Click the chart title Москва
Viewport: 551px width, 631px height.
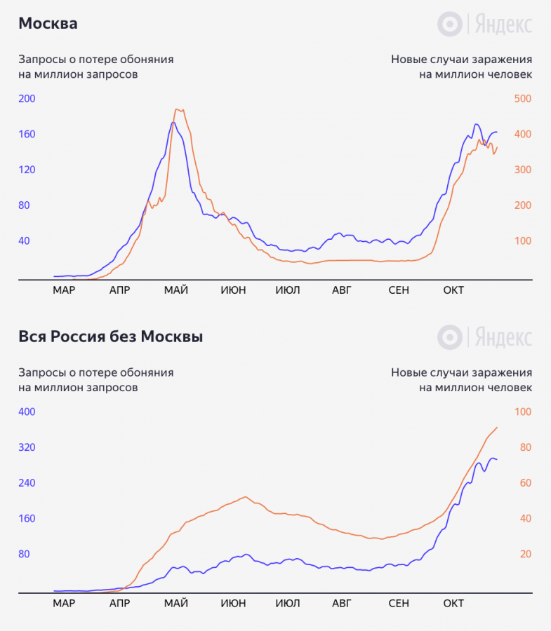(x=48, y=24)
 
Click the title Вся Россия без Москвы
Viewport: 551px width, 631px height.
(x=111, y=337)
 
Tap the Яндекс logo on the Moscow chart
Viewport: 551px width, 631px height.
(x=484, y=25)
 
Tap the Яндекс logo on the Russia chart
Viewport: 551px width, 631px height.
(x=484, y=337)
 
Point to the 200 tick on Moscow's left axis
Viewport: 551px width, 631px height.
(x=27, y=99)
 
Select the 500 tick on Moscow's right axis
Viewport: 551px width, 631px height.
(x=522, y=99)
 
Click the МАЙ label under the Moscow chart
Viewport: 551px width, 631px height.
(x=175, y=290)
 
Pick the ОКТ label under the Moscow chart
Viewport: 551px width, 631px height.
(x=453, y=290)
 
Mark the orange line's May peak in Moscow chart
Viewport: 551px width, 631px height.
(x=178, y=109)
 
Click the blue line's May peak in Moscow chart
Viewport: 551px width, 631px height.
(x=173, y=123)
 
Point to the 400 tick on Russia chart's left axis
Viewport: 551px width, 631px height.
(x=27, y=412)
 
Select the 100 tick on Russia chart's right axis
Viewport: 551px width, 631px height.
(x=522, y=412)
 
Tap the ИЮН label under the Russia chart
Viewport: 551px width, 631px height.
(x=233, y=603)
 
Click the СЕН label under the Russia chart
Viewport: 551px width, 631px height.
(x=398, y=603)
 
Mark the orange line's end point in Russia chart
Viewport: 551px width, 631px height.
(x=497, y=428)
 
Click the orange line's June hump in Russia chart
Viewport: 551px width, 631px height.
(x=244, y=497)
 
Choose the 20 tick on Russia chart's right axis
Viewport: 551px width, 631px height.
(x=525, y=554)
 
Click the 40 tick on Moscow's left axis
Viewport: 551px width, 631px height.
(x=24, y=240)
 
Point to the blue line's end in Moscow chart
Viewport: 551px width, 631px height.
(x=497, y=132)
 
